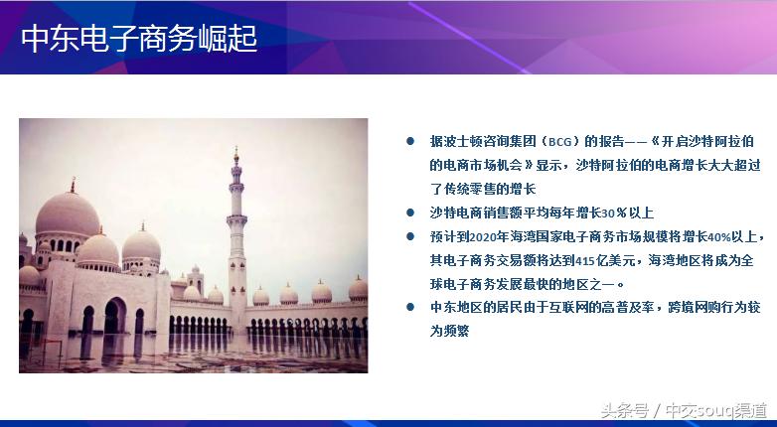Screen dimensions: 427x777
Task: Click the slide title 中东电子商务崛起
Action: pyautogui.click(x=139, y=38)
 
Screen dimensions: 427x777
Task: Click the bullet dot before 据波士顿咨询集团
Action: pyautogui.click(x=409, y=142)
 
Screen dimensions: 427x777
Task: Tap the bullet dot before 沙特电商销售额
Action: pyautogui.click(x=409, y=213)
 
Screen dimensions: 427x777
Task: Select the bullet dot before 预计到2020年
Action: pyautogui.click(x=409, y=236)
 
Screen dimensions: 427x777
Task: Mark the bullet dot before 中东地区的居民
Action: pyautogui.click(x=409, y=307)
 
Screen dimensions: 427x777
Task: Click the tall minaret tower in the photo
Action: pyautogui.click(x=236, y=248)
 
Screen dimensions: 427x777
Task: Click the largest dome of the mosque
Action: pyautogui.click(x=68, y=216)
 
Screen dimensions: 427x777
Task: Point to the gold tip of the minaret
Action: pyautogui.click(x=236, y=155)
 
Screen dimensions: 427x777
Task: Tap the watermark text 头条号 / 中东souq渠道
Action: pyautogui.click(x=687, y=409)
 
